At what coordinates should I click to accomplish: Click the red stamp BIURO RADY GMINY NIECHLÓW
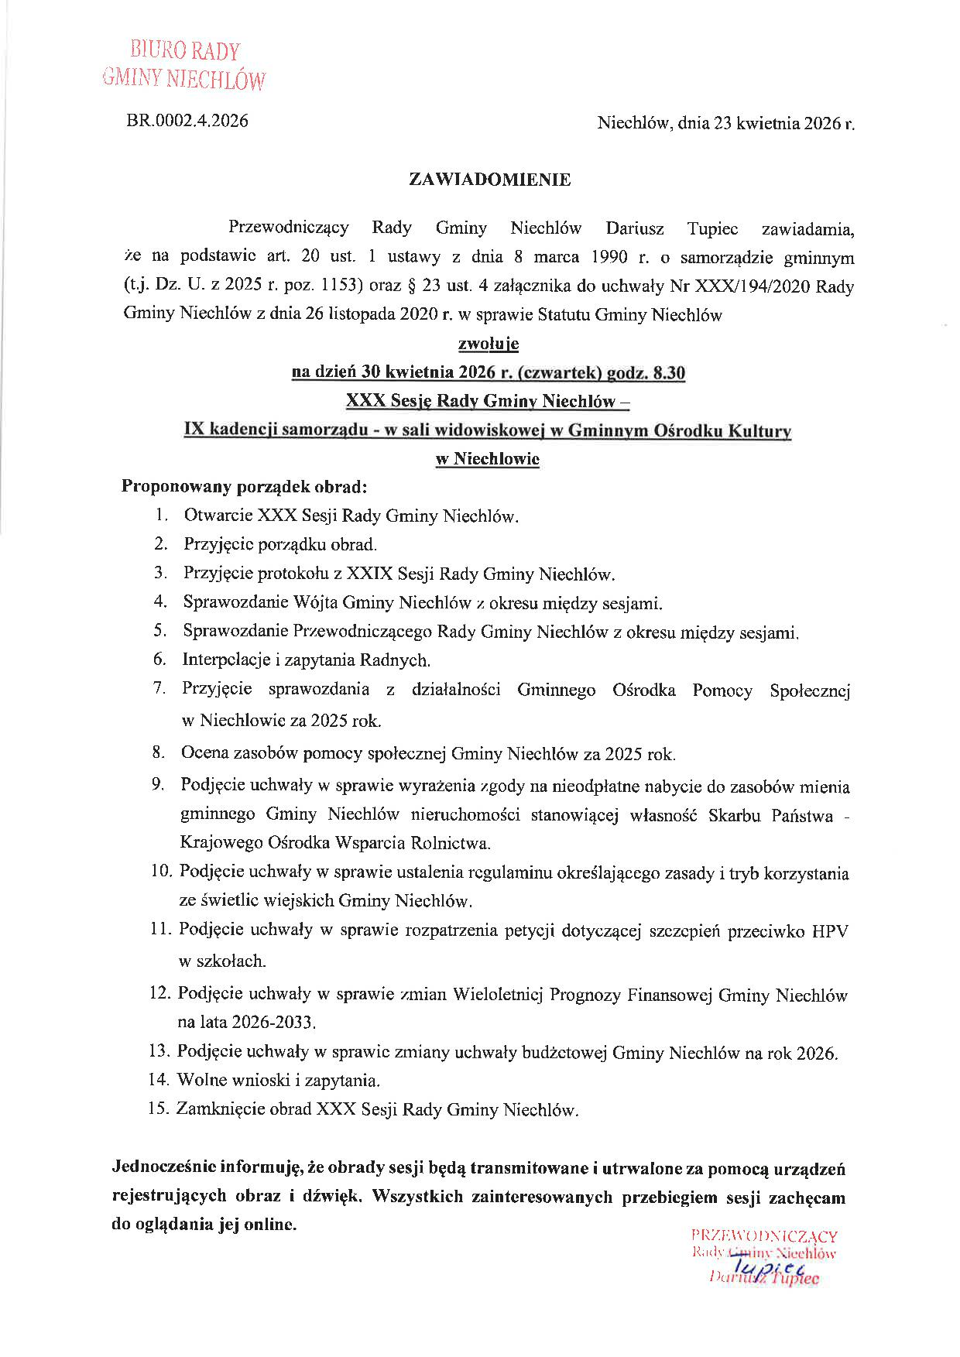(184, 65)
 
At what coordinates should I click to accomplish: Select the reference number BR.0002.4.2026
(187, 121)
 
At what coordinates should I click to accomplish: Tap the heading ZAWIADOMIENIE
(489, 180)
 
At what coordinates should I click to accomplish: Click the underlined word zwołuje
(489, 344)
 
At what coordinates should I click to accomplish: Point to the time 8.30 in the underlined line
(669, 372)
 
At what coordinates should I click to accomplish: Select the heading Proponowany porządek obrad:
(244, 487)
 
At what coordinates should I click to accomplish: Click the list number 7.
(159, 687)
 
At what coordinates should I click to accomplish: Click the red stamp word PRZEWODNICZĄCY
(763, 1236)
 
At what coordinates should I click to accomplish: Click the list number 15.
(157, 1109)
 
